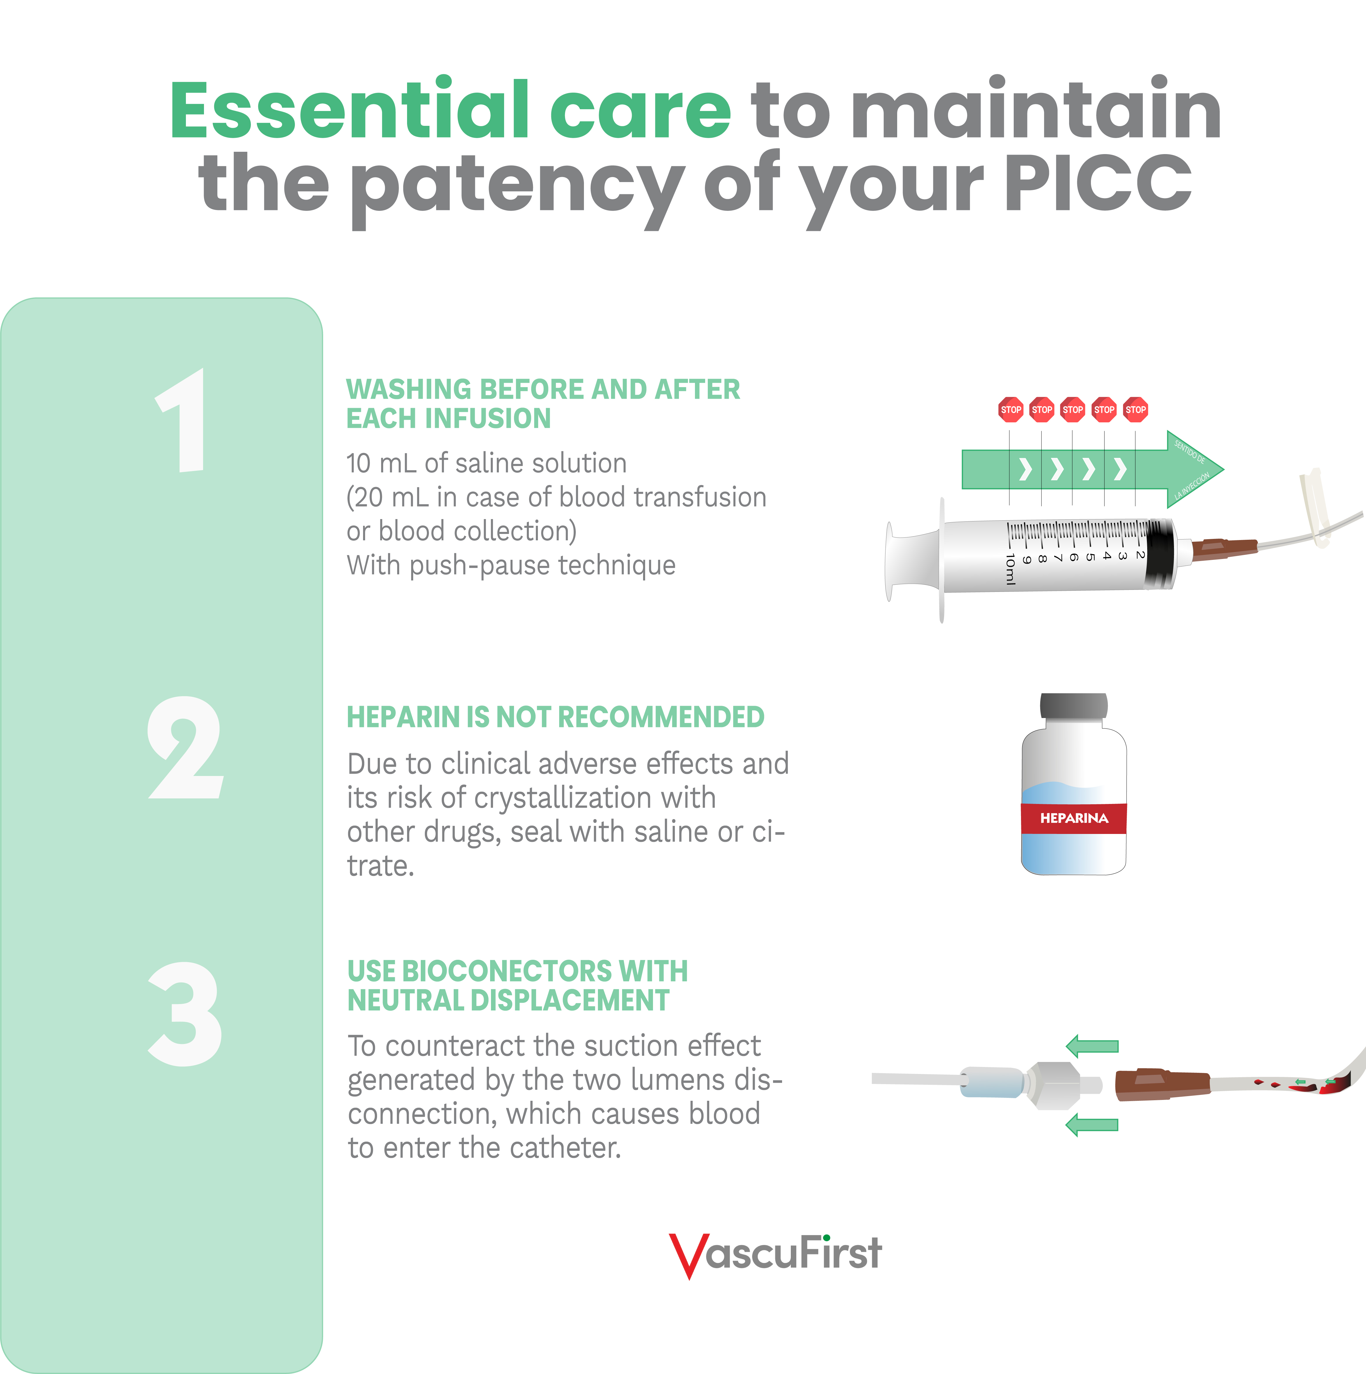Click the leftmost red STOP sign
pos(1010,410)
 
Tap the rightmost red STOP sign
pos(1136,410)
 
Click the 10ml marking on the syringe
pos(1010,569)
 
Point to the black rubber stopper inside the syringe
pos(1160,553)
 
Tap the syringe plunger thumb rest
pos(889,561)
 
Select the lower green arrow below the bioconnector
pos(1092,1124)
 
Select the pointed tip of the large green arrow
pos(1223,469)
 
